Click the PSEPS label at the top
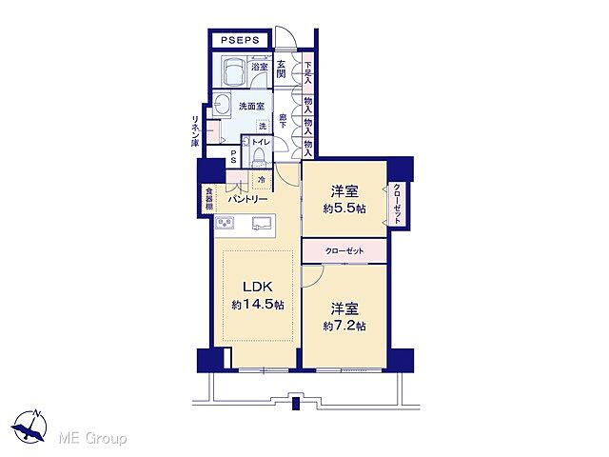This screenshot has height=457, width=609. pyautogui.click(x=241, y=40)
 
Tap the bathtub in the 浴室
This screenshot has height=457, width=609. pyautogui.click(x=231, y=71)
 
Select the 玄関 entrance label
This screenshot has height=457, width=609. pyautogui.click(x=283, y=69)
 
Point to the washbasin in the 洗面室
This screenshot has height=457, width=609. pyautogui.click(x=225, y=105)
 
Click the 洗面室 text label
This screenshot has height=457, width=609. pyautogui.click(x=252, y=106)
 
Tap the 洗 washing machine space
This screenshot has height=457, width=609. pyautogui.click(x=264, y=127)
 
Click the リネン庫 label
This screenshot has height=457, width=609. pyautogui.click(x=195, y=129)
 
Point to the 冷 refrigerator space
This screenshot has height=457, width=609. pyautogui.click(x=261, y=179)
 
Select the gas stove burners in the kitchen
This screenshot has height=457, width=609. pyautogui.click(x=226, y=224)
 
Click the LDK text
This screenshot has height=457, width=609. pyautogui.click(x=257, y=287)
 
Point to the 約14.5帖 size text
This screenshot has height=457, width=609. pyautogui.click(x=257, y=305)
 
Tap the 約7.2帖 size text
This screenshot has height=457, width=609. pyautogui.click(x=344, y=326)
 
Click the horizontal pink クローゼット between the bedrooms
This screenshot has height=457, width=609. pyautogui.click(x=344, y=251)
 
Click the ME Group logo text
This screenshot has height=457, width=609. pyautogui.click(x=92, y=438)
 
